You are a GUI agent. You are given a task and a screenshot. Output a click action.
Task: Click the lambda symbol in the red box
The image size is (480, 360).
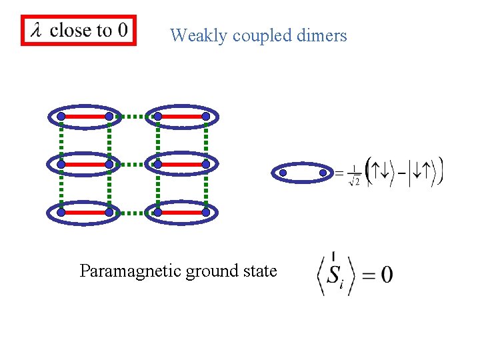36,31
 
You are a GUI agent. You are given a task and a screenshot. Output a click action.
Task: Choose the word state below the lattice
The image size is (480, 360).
261,271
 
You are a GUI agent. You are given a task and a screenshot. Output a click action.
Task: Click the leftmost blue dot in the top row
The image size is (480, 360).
61,116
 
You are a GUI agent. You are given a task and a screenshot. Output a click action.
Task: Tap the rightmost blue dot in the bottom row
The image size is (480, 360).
206,213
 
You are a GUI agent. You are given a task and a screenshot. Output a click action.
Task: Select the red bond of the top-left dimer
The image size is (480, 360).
85,116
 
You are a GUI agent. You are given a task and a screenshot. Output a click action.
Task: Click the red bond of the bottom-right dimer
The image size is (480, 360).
182,213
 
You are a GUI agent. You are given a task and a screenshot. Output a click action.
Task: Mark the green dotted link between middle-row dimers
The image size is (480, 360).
133,164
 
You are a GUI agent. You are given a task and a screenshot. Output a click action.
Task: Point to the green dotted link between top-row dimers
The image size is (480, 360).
133,116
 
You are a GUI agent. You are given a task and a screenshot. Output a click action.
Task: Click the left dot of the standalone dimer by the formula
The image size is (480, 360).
283,173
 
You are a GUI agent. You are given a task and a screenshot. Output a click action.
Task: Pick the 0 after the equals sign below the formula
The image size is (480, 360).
386,275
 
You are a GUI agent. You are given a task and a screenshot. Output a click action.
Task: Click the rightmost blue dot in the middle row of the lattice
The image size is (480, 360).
206,164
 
